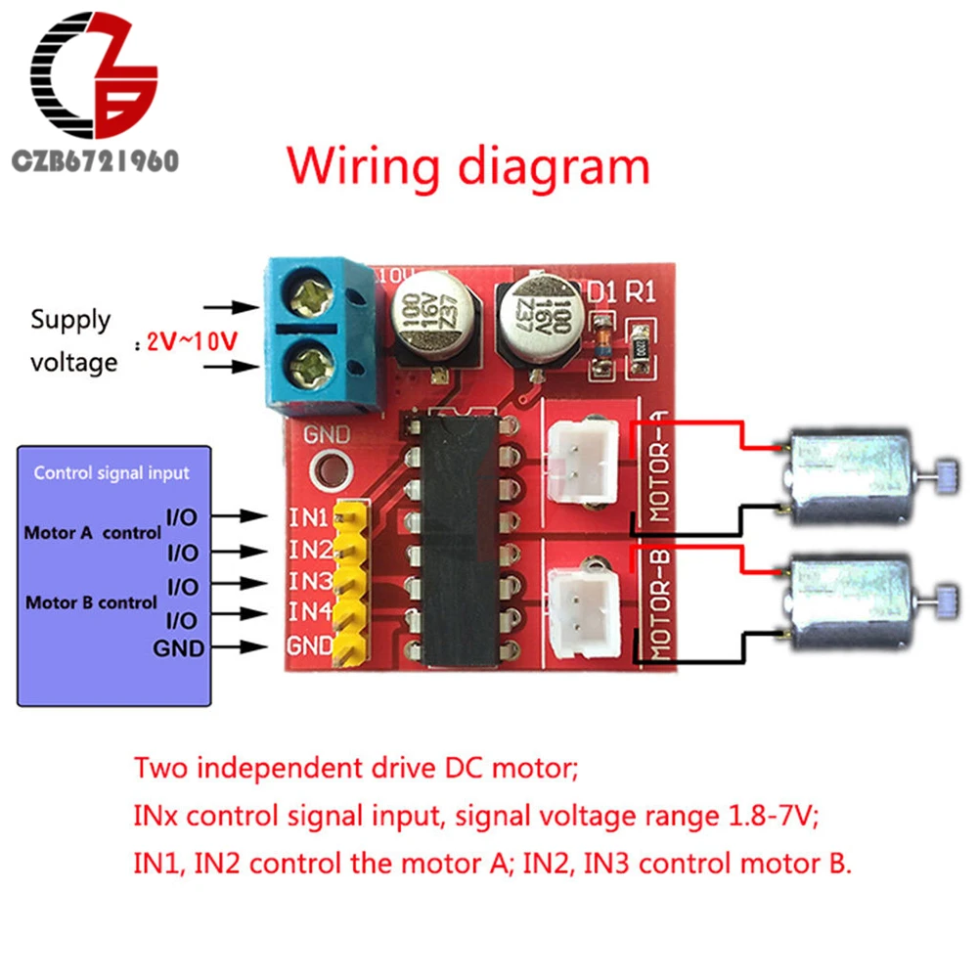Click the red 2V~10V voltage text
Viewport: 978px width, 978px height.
coord(192,342)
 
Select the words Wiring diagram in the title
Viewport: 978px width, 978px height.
coord(467,166)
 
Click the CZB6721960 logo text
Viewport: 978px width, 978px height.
coord(94,160)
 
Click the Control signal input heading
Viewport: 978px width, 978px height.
coord(111,473)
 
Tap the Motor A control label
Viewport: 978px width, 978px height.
coord(92,534)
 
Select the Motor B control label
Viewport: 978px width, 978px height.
coord(91,601)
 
